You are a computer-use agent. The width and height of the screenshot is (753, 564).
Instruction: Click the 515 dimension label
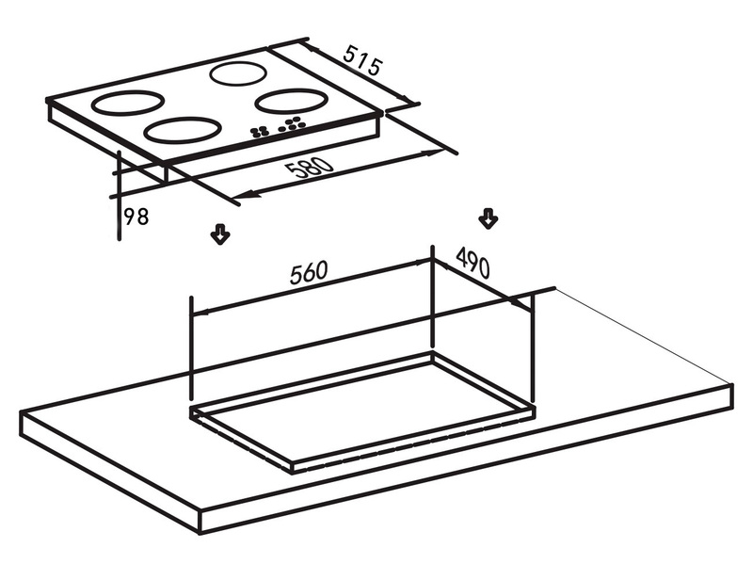pyautogui.click(x=363, y=60)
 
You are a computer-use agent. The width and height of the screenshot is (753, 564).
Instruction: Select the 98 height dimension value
pyautogui.click(x=136, y=217)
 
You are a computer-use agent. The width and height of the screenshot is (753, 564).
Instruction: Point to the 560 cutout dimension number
pyautogui.click(x=309, y=272)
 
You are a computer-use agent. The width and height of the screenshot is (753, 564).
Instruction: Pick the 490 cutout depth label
pyautogui.click(x=473, y=262)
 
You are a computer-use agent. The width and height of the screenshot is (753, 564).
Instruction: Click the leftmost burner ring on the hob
pyautogui.click(x=128, y=103)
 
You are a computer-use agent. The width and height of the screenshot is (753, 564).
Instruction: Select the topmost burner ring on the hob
pyautogui.click(x=238, y=73)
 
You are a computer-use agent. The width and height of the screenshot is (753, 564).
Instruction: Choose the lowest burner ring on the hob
pyautogui.click(x=183, y=130)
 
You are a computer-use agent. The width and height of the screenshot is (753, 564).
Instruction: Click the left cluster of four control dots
pyautogui.click(x=259, y=132)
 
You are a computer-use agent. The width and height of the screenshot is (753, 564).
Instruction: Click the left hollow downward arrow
pyautogui.click(x=220, y=234)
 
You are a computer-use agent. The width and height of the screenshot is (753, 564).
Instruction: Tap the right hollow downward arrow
pyautogui.click(x=489, y=218)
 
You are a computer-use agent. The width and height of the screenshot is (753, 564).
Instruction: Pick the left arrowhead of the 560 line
pyautogui.click(x=200, y=313)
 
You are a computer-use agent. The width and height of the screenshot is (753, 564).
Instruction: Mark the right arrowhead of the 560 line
pyautogui.click(x=424, y=262)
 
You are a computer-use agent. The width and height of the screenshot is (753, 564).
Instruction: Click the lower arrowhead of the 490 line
pyautogui.click(x=520, y=303)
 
